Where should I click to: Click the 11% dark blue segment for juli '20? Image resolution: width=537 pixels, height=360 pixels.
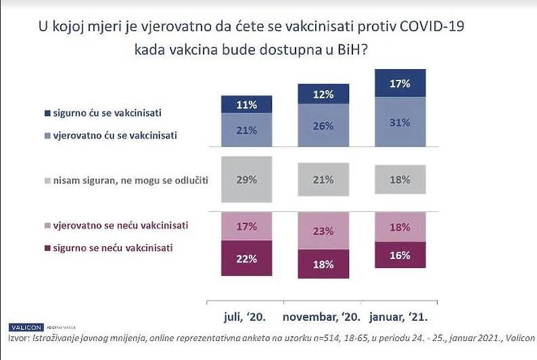click(x=246, y=104)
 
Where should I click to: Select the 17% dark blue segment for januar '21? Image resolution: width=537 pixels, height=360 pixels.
click(x=400, y=83)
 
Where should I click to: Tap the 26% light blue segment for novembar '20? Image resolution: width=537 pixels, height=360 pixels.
click(x=324, y=125)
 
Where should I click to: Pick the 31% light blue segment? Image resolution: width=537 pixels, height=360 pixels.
click(x=400, y=121)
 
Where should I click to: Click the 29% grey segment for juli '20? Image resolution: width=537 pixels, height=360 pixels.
click(x=246, y=179)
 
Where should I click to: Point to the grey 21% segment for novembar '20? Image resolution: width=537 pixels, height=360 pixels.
click(x=324, y=179)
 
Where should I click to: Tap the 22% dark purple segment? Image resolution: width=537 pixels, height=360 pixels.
click(x=246, y=258)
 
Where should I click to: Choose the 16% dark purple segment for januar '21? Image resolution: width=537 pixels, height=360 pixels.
click(x=400, y=255)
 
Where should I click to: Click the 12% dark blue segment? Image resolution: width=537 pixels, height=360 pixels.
click(x=324, y=94)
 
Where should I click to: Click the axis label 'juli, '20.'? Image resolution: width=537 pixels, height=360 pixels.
click(x=246, y=317)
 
